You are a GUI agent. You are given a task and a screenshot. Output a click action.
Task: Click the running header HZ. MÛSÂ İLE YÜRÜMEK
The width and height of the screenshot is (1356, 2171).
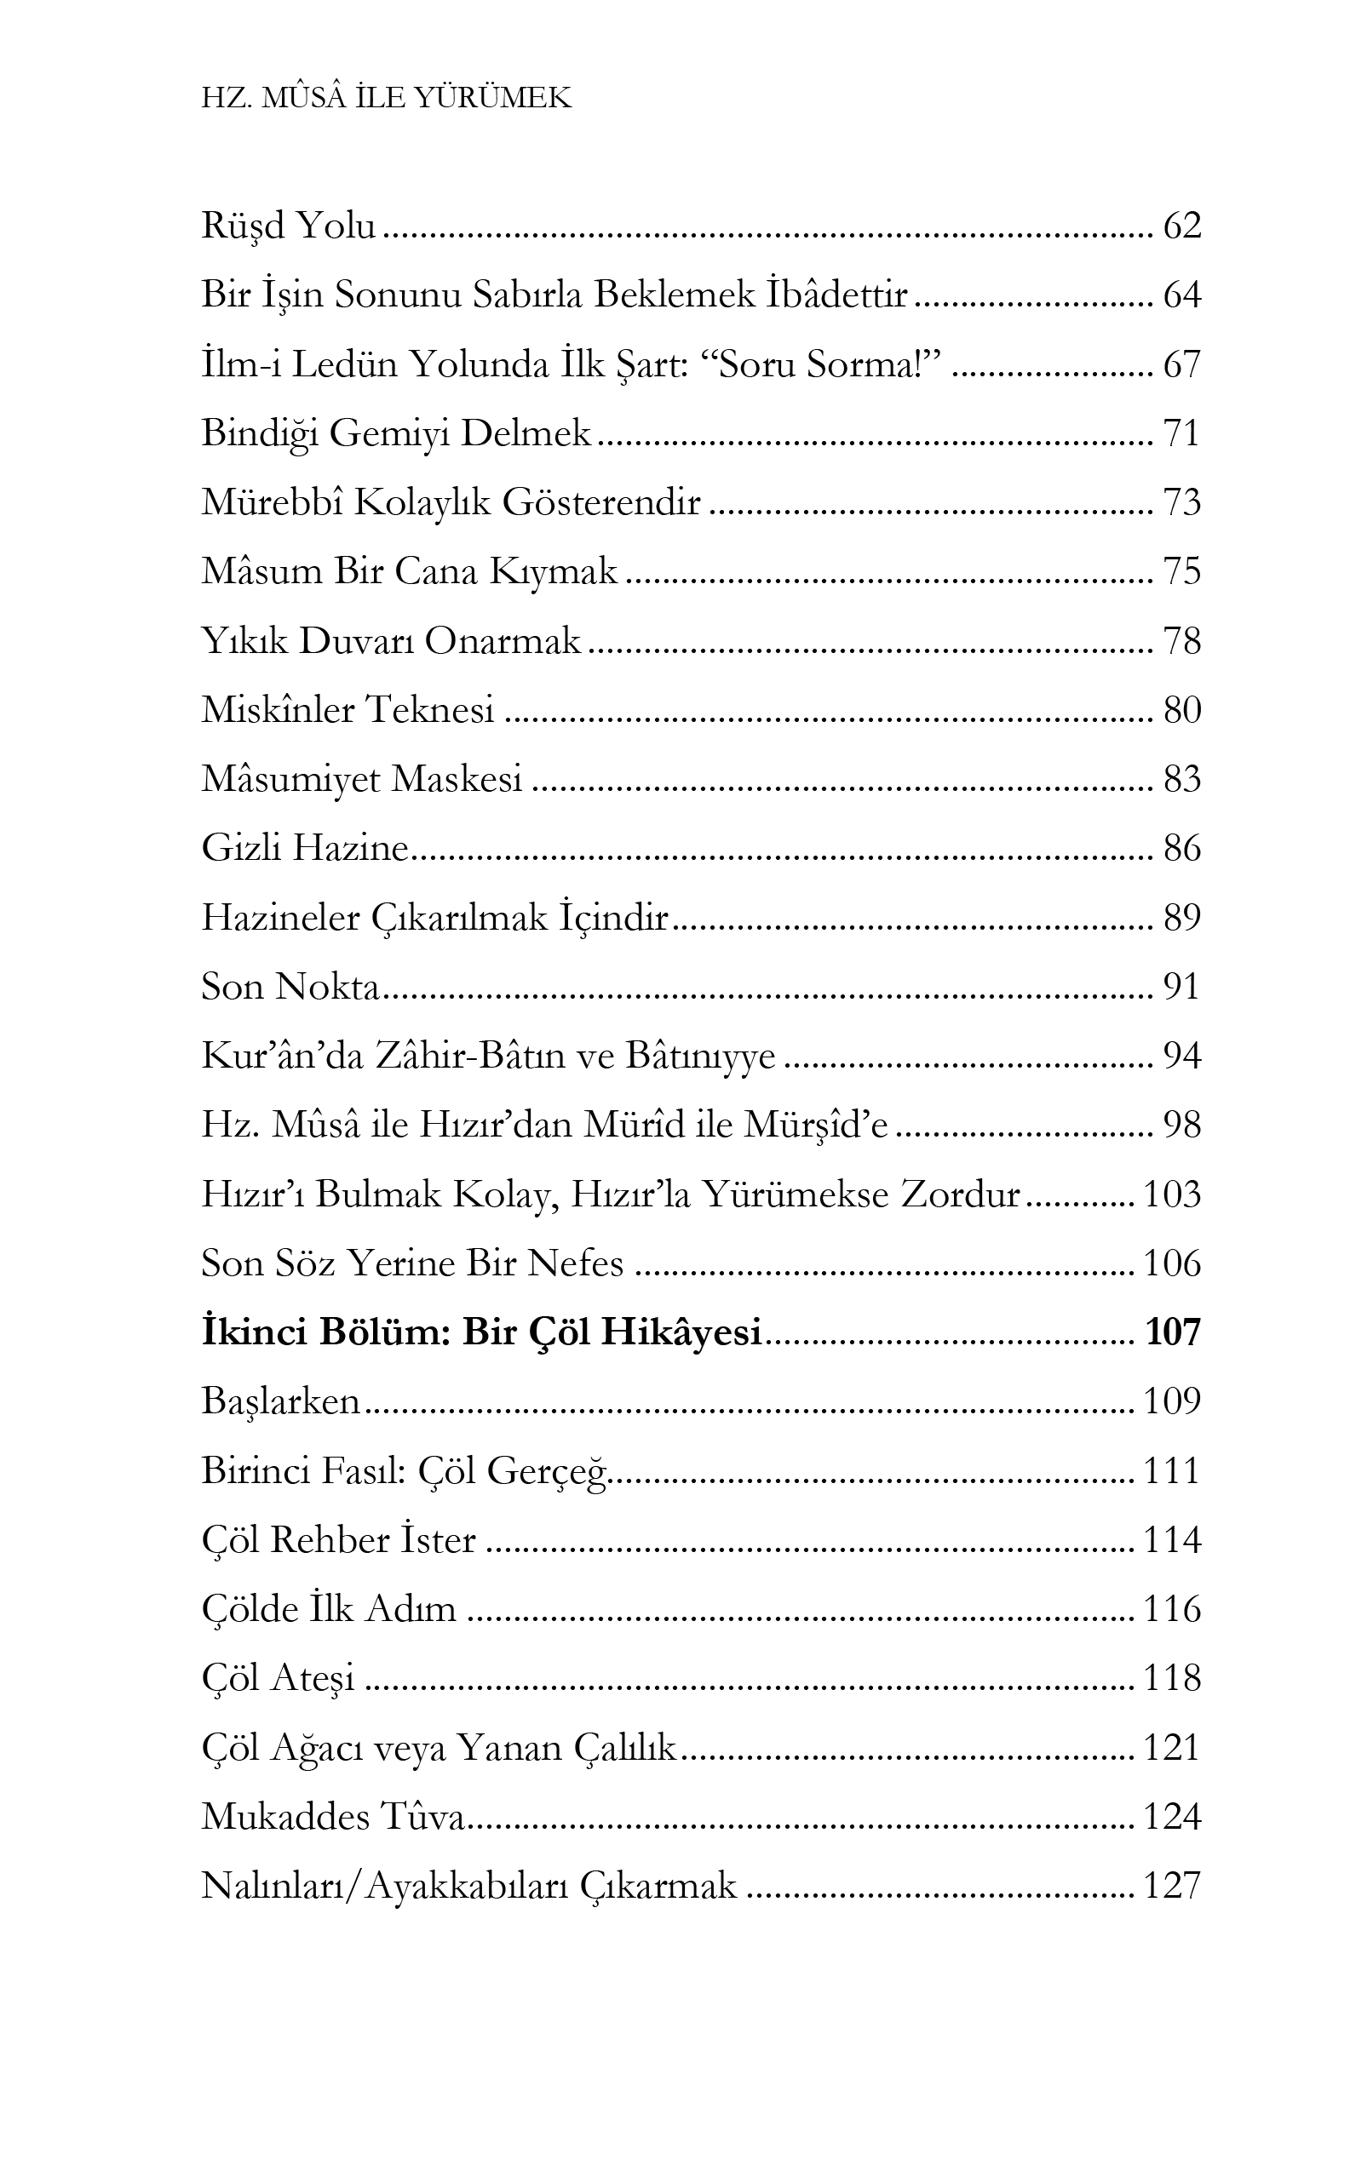point(387,98)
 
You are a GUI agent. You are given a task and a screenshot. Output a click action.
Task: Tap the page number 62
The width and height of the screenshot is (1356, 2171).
point(1181,226)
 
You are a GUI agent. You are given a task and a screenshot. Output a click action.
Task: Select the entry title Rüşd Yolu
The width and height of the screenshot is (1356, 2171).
point(288,226)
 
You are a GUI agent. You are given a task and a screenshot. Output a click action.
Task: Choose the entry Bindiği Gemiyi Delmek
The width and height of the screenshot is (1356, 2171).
point(395,434)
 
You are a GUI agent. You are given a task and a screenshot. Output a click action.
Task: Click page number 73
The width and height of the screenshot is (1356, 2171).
point(1181,503)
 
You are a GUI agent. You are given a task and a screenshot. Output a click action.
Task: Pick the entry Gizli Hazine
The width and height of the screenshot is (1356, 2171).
point(305,849)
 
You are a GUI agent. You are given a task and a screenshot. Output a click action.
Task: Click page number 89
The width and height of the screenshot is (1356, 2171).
point(1181,918)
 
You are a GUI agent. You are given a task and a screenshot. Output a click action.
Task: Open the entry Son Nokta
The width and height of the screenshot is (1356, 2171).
point(290,987)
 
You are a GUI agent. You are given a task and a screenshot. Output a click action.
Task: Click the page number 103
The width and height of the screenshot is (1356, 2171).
point(1172,1194)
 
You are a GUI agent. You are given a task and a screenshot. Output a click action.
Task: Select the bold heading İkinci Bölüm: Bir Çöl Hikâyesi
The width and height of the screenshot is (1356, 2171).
point(481,1333)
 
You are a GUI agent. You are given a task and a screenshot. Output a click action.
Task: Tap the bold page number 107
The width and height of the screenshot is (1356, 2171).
point(1172,1333)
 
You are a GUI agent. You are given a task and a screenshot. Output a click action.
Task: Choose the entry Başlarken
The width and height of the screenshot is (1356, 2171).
point(281,1401)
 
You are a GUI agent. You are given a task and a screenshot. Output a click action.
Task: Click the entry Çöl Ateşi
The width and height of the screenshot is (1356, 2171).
point(278,1678)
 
